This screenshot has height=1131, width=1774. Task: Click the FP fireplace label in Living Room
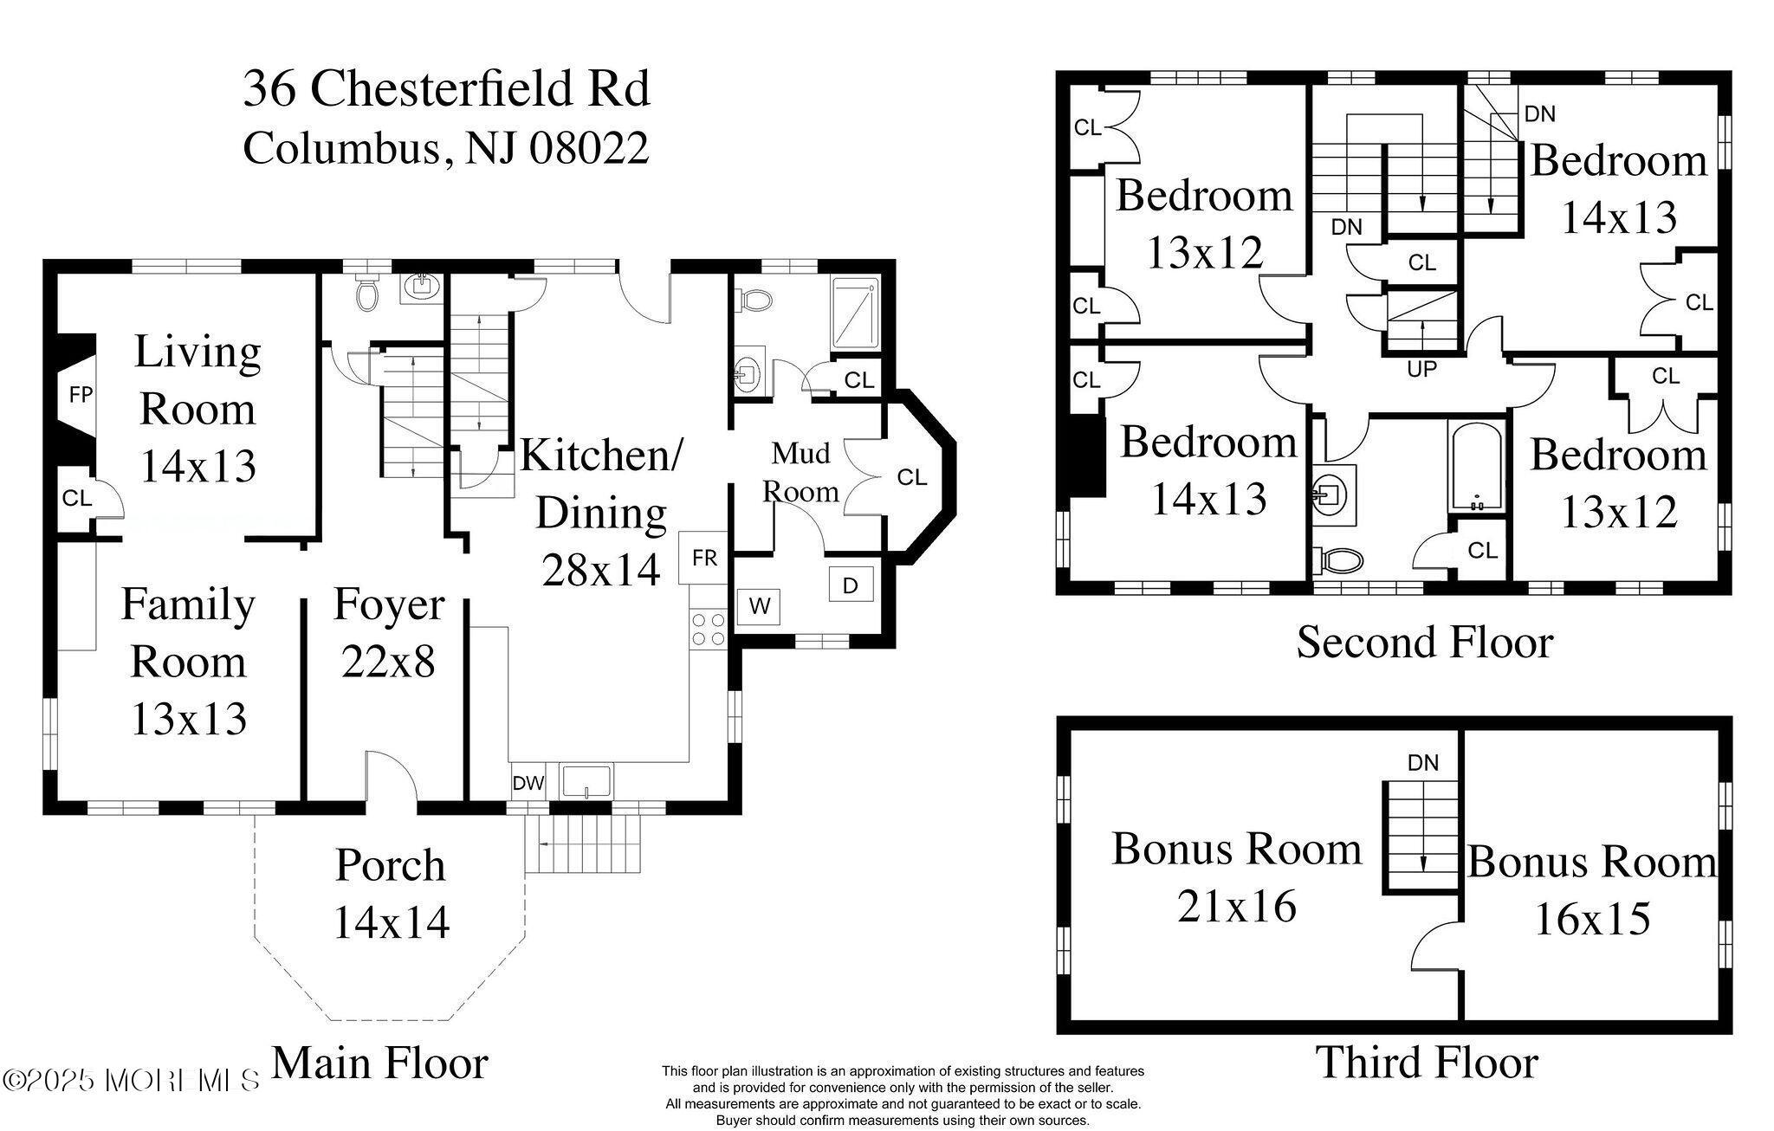tap(81, 395)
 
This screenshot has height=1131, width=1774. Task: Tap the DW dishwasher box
tap(528, 784)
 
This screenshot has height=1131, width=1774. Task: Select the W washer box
tap(759, 606)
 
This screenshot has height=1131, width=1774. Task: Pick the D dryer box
tap(850, 586)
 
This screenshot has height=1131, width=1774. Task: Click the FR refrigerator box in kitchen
tap(704, 559)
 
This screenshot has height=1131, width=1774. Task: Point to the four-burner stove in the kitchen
tap(708, 630)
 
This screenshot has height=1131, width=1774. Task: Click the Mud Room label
tap(800, 472)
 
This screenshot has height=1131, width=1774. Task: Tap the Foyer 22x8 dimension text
tap(387, 662)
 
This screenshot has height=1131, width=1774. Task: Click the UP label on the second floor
tap(1421, 369)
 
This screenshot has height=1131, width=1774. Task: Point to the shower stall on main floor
tap(854, 313)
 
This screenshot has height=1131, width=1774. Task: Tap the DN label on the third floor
tap(1423, 763)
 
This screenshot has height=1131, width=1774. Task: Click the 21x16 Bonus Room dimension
tap(1236, 907)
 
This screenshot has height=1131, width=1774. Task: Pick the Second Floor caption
tap(1424, 643)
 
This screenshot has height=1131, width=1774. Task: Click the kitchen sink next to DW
tap(586, 780)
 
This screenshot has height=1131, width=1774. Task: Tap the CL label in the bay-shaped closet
tap(911, 477)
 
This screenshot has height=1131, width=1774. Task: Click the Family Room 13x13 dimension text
tap(189, 719)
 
